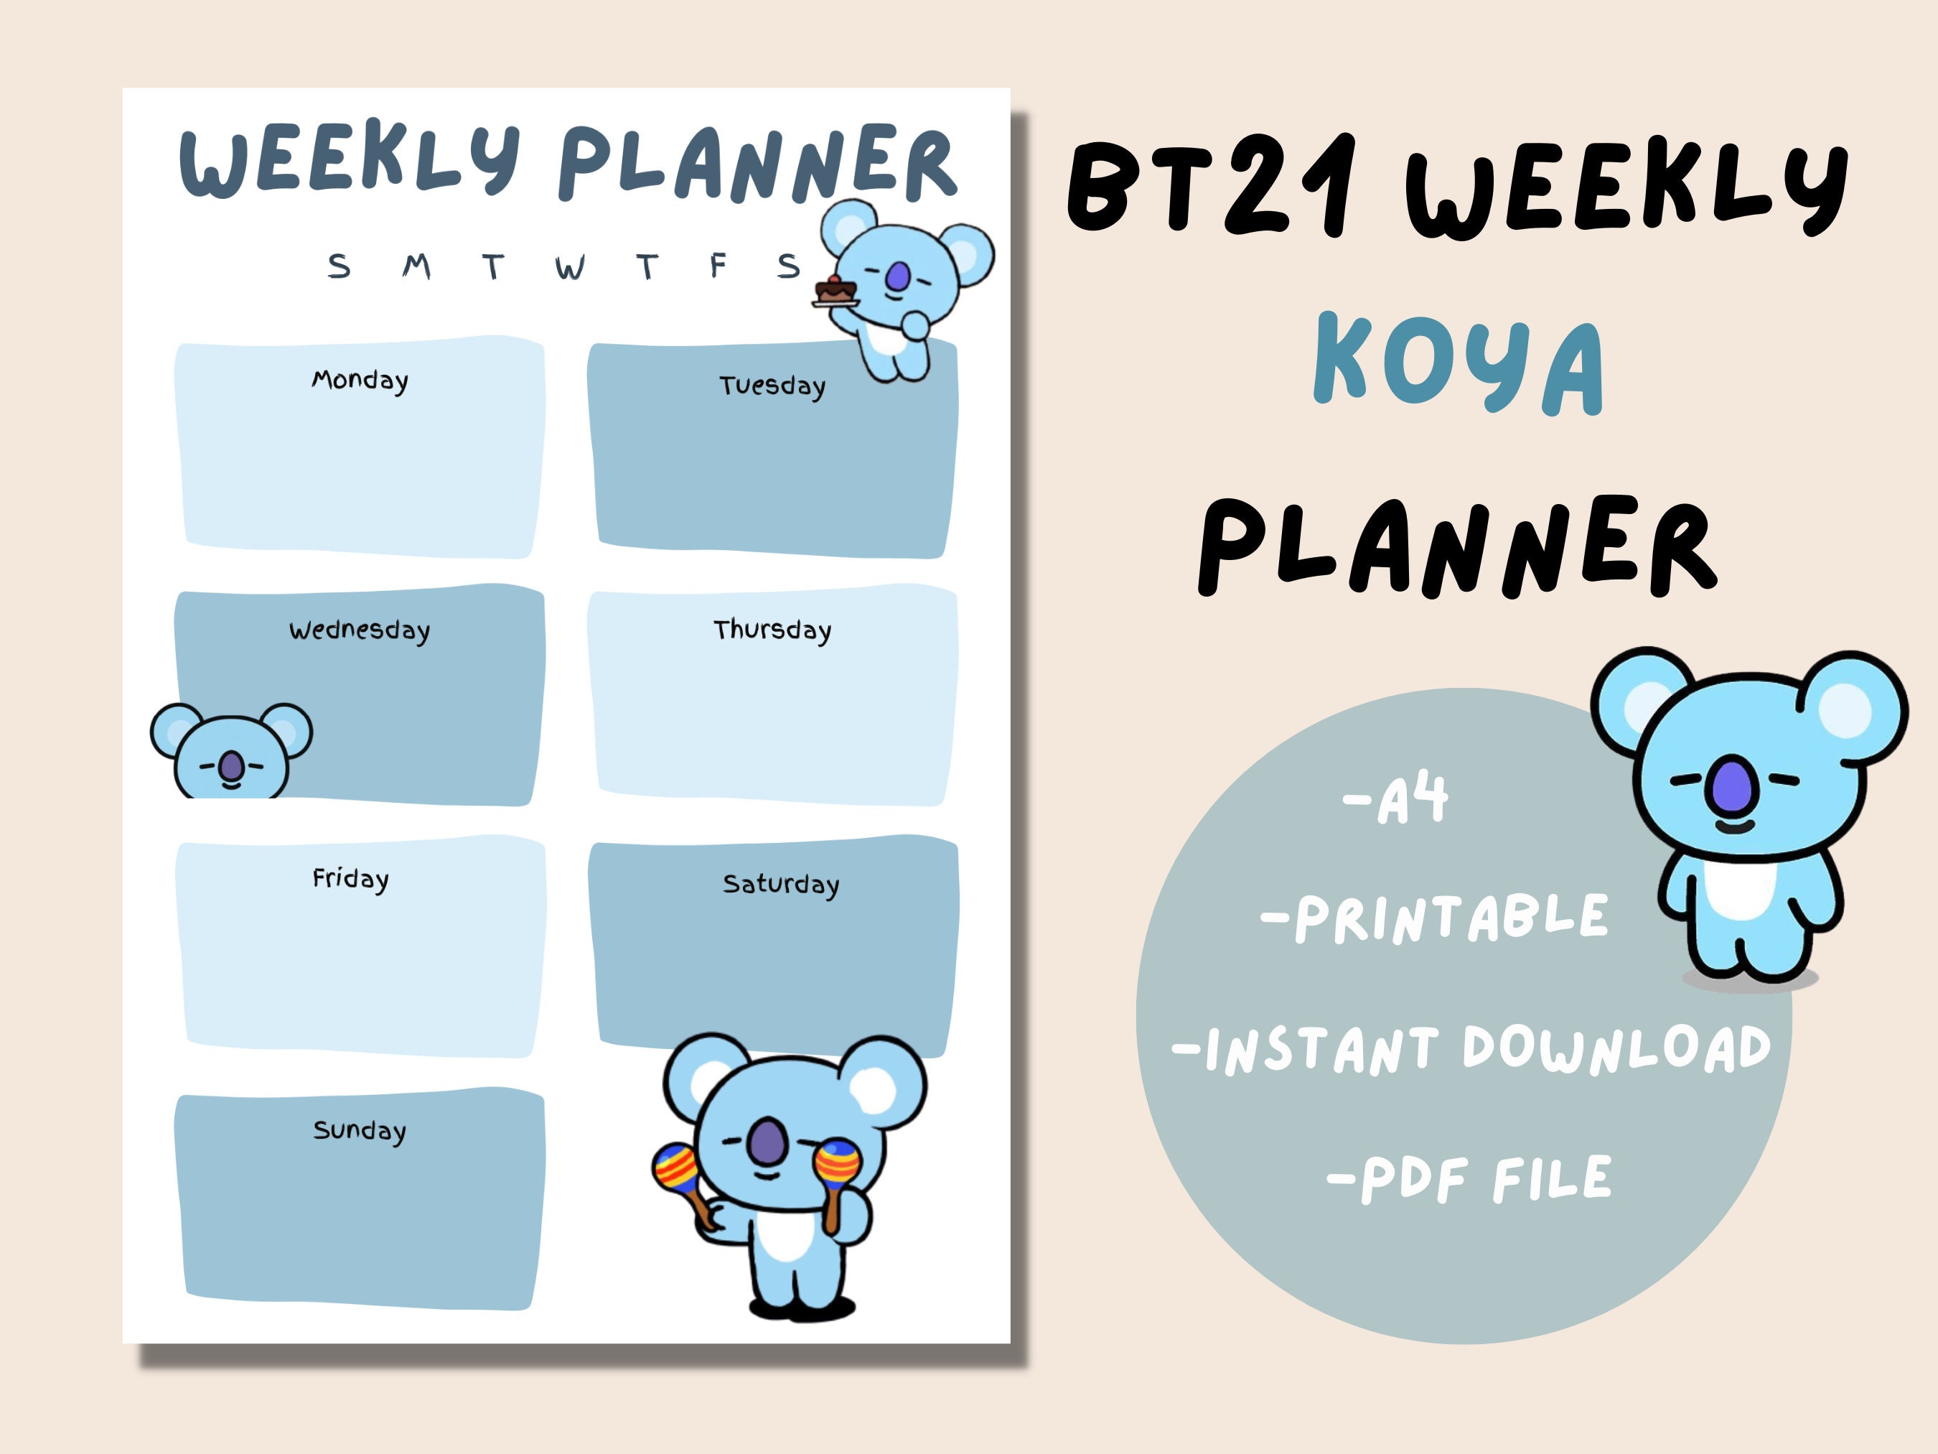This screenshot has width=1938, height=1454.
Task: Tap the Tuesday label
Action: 772,386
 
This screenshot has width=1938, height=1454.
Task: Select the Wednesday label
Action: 359,631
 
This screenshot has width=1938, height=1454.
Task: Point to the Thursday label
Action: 772,630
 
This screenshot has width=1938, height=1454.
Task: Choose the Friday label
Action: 350,879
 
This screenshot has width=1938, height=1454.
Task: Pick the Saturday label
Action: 781,885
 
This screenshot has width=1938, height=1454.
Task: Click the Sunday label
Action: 359,1131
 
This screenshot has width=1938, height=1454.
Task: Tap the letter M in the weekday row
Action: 417,266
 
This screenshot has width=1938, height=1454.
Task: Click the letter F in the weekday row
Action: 718,265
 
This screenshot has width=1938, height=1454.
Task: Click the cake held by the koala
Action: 834,290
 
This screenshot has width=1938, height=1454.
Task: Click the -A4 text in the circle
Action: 1395,799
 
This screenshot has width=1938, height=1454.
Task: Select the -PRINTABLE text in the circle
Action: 1435,918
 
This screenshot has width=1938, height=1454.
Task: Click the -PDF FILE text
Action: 1469,1179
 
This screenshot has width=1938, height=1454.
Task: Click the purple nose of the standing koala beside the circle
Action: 1731,784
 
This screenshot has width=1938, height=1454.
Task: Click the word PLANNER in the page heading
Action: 757,164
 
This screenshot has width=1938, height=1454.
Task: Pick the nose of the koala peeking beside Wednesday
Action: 231,767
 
